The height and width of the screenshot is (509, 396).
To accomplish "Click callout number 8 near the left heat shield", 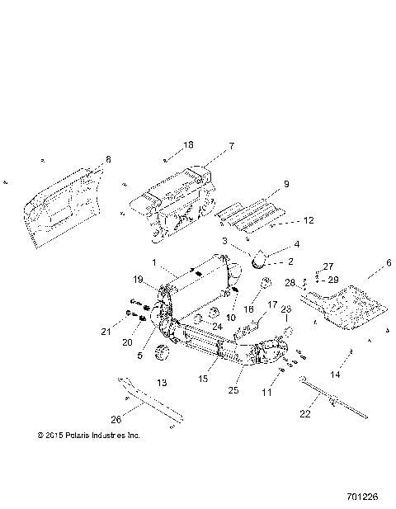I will coord(108,159).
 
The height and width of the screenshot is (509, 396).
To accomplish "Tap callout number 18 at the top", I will coord(188,145).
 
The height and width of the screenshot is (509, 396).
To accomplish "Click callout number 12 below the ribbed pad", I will coord(285,220).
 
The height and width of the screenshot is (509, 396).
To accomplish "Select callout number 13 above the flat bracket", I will coord(162,383).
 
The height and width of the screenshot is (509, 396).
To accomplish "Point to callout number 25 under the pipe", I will coord(233,389).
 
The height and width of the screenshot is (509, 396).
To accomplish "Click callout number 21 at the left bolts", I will coord(128,332).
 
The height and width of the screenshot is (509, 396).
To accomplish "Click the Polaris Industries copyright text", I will coord(89,434).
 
